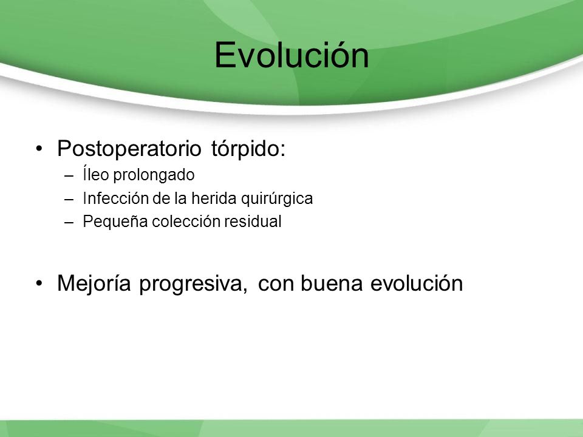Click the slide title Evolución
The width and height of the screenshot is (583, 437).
pos(292,55)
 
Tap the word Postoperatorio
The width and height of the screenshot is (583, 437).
pos(129,149)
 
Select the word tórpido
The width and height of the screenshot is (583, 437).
pos(248,149)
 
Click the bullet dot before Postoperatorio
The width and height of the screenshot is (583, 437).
pos(39,149)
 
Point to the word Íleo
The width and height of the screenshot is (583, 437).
pos(95,174)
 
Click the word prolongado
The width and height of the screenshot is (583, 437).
pos(154,175)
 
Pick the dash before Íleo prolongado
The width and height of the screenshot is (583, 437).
pos(69,176)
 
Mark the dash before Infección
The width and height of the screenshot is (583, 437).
pos(69,199)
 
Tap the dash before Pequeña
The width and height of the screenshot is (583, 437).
pos(69,222)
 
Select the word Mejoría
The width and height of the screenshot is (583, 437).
pos(94,283)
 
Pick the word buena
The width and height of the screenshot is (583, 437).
pos(332,283)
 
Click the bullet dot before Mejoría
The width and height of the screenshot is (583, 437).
pos(39,283)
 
